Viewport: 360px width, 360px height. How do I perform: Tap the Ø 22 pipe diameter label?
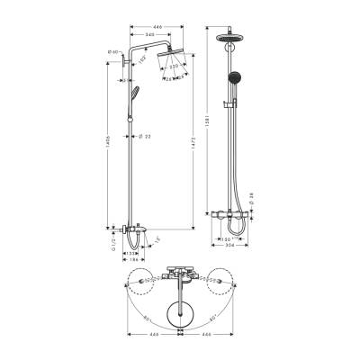coord(145,137)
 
